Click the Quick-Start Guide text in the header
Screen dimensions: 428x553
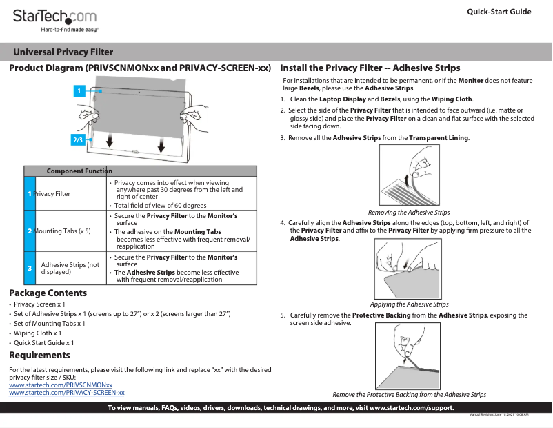click(x=499, y=12)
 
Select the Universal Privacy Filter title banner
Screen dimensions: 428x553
click(x=63, y=52)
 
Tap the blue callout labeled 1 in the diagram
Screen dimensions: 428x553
click(x=79, y=90)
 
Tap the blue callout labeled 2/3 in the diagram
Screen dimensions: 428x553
click(x=78, y=139)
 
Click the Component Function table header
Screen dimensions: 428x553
click(x=79, y=171)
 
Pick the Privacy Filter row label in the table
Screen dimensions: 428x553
click(x=52, y=194)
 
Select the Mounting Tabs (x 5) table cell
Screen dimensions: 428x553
click(x=63, y=231)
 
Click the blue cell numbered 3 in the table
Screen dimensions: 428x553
click(x=30, y=268)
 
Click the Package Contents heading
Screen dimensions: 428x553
click(x=48, y=293)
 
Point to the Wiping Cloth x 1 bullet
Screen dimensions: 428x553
click(x=42, y=333)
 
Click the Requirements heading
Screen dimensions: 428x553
click(x=39, y=355)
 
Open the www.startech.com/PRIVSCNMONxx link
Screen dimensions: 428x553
click(x=60, y=385)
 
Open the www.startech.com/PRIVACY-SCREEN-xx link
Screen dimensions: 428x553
click(x=66, y=392)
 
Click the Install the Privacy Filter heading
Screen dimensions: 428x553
click(x=370, y=68)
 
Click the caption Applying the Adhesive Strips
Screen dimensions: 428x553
click(x=409, y=304)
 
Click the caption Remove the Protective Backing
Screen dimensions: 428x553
click(x=409, y=395)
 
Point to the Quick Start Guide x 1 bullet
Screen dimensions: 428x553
click(x=44, y=342)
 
